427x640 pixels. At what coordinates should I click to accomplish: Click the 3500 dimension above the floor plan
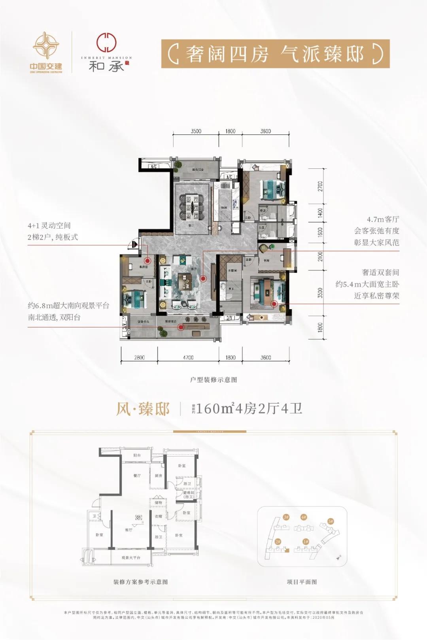coord(196,131)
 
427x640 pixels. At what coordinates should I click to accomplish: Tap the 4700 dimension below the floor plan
coord(188,357)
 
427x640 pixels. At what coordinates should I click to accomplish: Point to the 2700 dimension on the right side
coord(320,186)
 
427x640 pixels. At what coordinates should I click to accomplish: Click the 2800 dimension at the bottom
coord(139,357)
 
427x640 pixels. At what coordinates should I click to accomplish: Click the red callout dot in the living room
coord(203,278)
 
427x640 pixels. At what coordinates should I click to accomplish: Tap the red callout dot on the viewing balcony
coord(181,327)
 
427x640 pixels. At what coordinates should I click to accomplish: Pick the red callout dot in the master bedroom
coord(274,304)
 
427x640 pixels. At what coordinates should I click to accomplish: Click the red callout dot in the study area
coord(147,261)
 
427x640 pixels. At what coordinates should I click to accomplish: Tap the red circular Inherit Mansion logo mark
coord(107,43)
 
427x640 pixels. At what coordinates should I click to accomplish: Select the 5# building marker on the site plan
coord(331,521)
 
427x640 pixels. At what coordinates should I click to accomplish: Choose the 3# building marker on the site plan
coord(286,517)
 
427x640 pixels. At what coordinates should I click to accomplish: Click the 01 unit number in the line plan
coord(139,517)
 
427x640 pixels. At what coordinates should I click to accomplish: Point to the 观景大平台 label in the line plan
coord(131,557)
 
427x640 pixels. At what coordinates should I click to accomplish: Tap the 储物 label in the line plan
coord(158,503)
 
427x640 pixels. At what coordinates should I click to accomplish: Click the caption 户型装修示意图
coord(213,379)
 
